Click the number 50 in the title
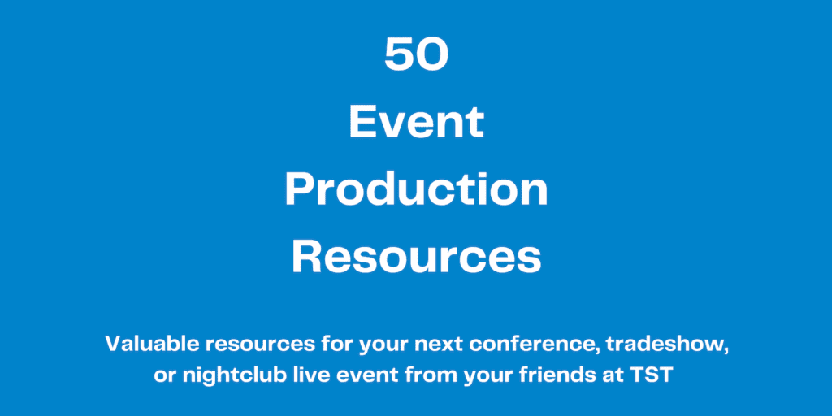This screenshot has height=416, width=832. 417,54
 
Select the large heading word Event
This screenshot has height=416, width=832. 417,122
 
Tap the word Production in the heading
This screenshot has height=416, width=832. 417,190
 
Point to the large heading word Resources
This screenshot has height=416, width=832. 417,258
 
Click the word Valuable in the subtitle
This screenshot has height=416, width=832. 151,344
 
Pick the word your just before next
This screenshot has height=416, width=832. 383,346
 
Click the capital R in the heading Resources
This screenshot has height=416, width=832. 306,258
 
